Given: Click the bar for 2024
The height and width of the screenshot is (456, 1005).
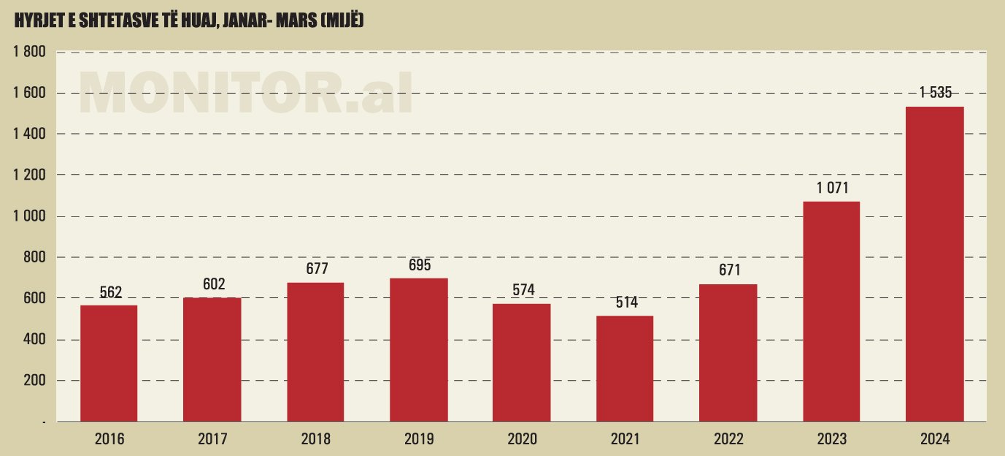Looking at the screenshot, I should click(x=934, y=263).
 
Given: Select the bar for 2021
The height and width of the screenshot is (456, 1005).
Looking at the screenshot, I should click(x=625, y=368).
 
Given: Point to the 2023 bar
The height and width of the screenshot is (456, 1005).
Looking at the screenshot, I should click(x=831, y=311).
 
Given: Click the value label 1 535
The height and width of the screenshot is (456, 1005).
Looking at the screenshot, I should click(x=935, y=93).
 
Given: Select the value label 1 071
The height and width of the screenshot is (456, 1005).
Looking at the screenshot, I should click(x=832, y=188).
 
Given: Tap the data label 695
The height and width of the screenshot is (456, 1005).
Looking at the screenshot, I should click(x=420, y=265).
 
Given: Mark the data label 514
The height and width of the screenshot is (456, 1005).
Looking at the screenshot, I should click(x=625, y=303).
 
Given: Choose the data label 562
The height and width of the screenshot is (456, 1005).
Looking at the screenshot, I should click(x=109, y=292).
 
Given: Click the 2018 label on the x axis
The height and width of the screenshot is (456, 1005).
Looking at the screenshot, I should click(x=315, y=439).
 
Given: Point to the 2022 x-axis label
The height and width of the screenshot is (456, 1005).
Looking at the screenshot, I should click(x=728, y=439).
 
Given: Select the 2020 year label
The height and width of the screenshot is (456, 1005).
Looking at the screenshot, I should click(x=522, y=439).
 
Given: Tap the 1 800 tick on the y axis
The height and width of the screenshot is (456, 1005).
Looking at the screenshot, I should click(x=29, y=52).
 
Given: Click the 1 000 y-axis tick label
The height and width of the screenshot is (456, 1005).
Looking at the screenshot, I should click(x=29, y=216).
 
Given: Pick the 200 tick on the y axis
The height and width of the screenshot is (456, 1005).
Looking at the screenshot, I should click(x=34, y=381).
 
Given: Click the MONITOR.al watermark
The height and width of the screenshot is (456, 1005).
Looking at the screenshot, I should click(x=246, y=93).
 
